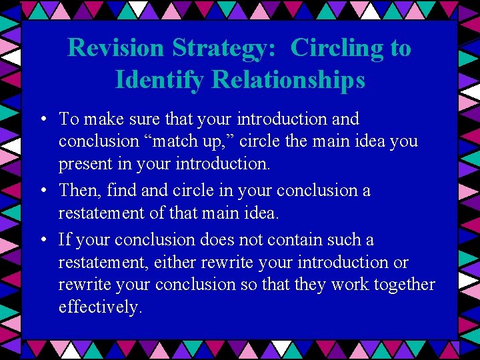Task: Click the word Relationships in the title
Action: click(x=289, y=79)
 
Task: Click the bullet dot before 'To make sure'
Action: click(x=42, y=120)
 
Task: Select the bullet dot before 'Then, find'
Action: click(x=42, y=191)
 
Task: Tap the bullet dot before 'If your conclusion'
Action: click(x=42, y=241)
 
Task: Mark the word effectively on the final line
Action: click(x=100, y=307)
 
